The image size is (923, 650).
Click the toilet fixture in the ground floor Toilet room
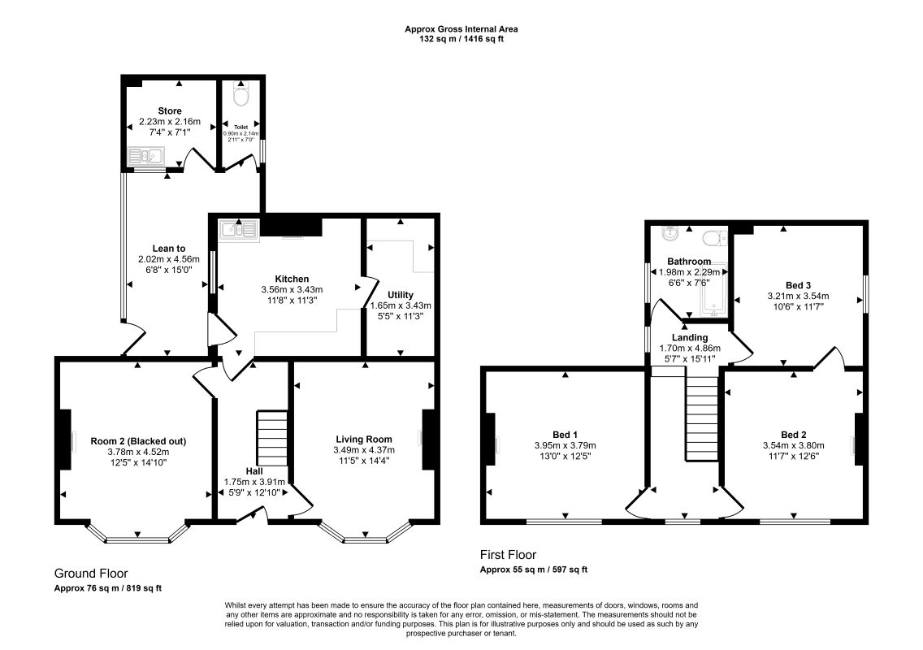[x=241, y=93]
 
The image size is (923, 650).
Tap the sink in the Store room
[x=147, y=157]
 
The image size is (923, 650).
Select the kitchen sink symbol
[x=238, y=230]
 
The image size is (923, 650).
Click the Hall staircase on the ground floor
[x=272, y=439]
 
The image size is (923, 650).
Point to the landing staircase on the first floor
[x=702, y=418]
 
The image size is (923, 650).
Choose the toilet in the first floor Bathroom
[x=715, y=238]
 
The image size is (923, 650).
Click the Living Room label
[x=364, y=440]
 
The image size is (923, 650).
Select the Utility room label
[x=401, y=295]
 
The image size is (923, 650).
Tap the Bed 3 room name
[x=798, y=285]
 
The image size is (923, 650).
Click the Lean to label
[x=169, y=249]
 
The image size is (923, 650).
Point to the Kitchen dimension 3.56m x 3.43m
[x=292, y=290]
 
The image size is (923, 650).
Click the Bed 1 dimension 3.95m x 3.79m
[x=565, y=446]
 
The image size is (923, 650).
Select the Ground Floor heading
[x=91, y=574]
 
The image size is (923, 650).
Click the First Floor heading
[x=508, y=555]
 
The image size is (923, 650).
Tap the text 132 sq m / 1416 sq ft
[x=461, y=40]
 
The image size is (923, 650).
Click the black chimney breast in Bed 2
[x=860, y=440]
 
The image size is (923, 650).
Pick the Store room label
[x=170, y=110]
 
